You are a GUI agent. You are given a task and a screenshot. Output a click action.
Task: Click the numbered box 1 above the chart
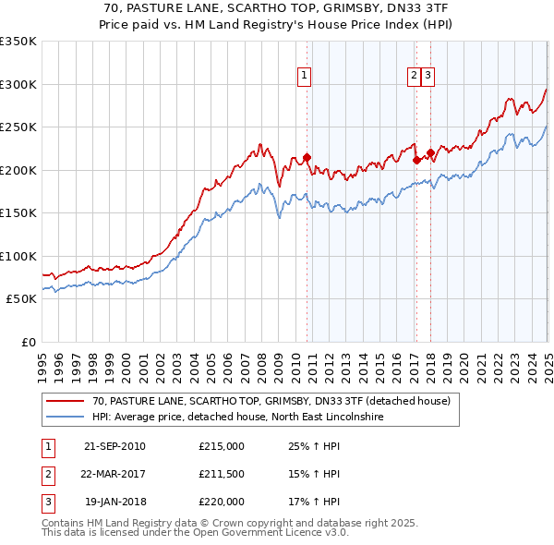click(304, 77)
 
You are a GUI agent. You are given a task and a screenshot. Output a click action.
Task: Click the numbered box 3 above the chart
click(429, 77)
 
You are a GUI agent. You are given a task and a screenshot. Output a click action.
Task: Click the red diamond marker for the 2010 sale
click(307, 157)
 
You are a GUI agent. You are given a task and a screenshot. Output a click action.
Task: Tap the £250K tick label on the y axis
click(18, 127)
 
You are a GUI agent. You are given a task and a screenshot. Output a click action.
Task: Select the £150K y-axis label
click(18, 213)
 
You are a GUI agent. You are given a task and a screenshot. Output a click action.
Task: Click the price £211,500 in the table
click(222, 475)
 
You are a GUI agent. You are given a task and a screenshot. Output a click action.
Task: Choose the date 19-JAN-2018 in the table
click(114, 502)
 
